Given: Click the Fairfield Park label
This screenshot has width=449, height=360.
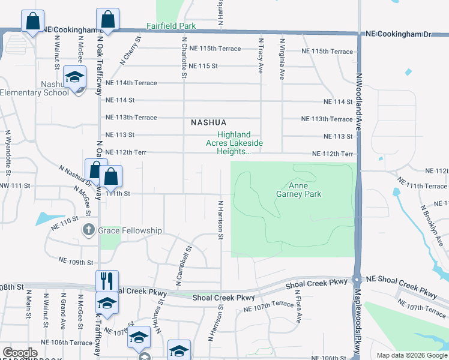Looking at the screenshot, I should coord(171,26).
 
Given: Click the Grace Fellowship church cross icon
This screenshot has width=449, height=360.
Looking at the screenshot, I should coord(89,230).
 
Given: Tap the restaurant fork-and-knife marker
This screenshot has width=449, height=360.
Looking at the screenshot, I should coord(107,280).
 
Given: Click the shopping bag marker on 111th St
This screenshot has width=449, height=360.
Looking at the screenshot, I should coord(111,176).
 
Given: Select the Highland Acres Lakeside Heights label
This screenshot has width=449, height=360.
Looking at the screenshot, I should coord(234,143).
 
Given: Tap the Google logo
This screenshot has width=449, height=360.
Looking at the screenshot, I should coord(20,353).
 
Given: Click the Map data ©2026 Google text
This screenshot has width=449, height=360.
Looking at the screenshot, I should coord(411,355).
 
